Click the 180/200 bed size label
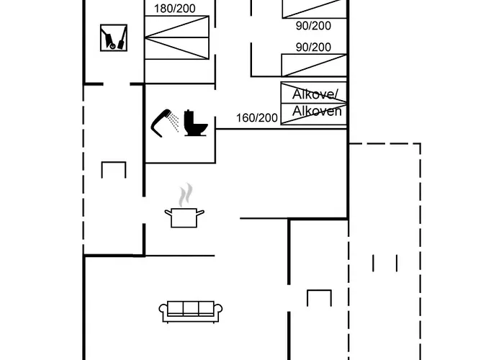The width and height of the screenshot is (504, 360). (174, 9)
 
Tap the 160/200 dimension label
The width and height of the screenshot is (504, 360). (257, 117)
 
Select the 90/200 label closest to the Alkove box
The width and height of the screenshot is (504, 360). (313, 48)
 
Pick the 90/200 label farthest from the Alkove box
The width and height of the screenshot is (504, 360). (313, 25)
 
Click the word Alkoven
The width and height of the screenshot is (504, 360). (316, 112)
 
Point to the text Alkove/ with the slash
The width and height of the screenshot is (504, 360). (316, 94)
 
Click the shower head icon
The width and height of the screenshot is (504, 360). (161, 120)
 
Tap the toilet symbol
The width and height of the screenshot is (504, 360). (195, 123)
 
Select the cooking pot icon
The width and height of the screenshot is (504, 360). (184, 216)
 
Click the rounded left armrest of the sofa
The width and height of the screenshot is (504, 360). (163, 311)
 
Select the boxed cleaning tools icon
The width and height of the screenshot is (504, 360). (114, 38)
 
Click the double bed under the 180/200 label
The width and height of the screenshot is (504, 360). (176, 38)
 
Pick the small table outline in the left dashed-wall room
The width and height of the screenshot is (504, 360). (114, 171)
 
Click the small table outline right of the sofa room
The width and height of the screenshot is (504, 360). (318, 297)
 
